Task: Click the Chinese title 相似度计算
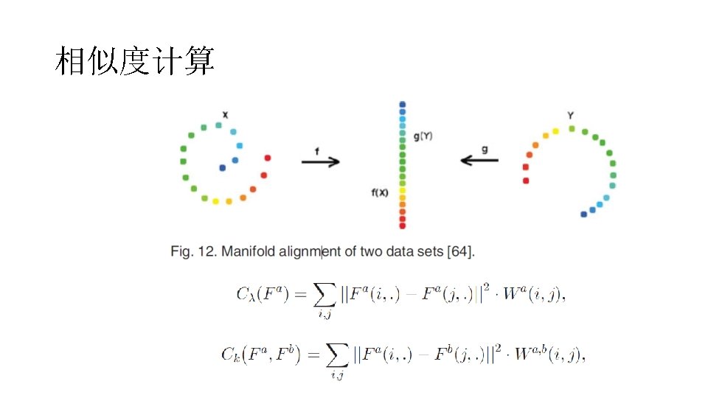[x=134, y=61]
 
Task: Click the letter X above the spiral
[x=225, y=114]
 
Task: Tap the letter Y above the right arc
[x=571, y=115]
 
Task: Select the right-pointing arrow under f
[x=321, y=162]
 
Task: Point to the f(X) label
[x=380, y=193]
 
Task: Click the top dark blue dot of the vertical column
[x=402, y=105]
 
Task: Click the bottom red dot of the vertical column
[x=402, y=226]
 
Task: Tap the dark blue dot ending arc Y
[x=584, y=214]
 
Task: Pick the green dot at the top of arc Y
[x=572, y=129]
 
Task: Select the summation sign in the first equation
[x=324, y=296]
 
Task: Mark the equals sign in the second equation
[x=313, y=355]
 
